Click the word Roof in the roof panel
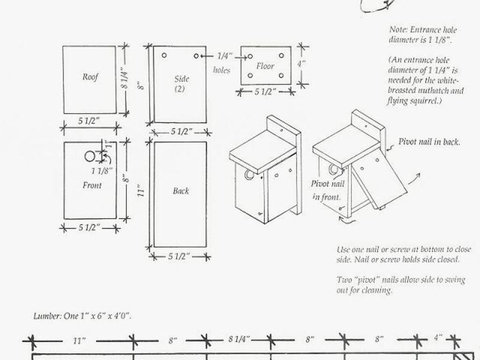coord(90,76)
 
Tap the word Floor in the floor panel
coord(265,66)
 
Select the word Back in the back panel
coord(180,191)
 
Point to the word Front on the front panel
coord(92,185)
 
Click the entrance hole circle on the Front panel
coord(90,156)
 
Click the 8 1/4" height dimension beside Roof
coord(124,78)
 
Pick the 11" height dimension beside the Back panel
coord(141,190)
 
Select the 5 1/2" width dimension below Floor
coord(265,91)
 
